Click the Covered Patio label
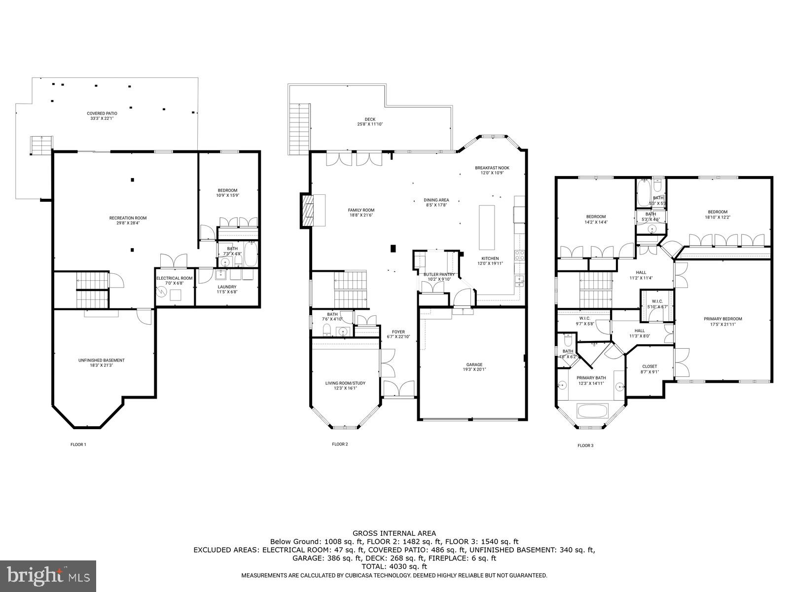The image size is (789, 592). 102,116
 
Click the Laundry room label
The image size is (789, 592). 227,289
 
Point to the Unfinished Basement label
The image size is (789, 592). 101,363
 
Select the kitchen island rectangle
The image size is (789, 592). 487,227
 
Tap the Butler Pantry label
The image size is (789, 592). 439,277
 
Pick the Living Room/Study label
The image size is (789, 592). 345,385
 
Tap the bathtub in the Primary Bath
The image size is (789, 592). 592,411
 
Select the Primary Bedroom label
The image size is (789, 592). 722,321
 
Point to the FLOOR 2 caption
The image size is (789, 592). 340,444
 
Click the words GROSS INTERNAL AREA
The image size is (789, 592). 394,533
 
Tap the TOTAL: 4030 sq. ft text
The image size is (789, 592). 394,567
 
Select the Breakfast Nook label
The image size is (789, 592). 492,170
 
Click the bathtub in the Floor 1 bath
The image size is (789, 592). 251,255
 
